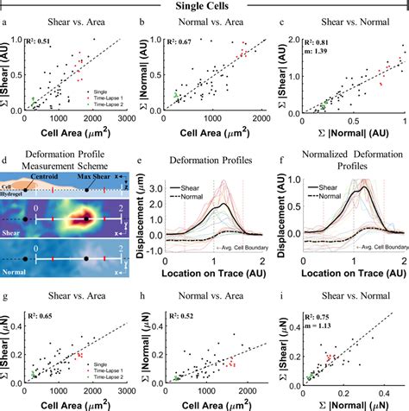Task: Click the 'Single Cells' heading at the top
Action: coord(204,8)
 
